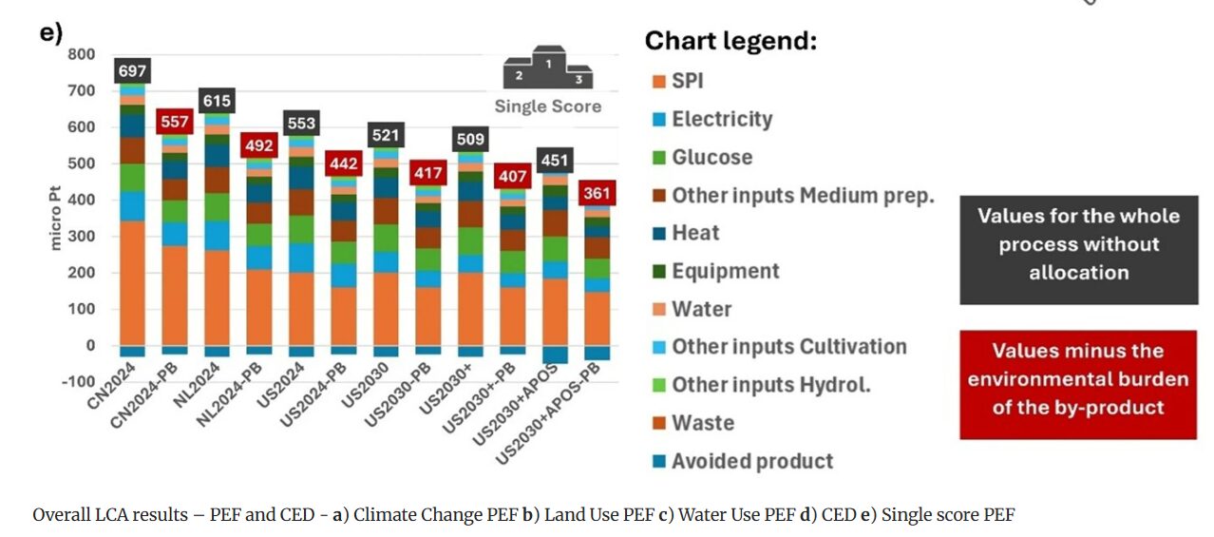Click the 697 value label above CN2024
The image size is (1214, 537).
(x=132, y=70)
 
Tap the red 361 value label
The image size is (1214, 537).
(x=598, y=194)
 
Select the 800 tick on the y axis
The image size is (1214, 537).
(x=82, y=54)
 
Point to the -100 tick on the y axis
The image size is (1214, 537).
(x=78, y=382)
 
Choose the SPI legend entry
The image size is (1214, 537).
(x=688, y=82)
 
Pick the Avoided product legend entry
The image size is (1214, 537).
(x=751, y=462)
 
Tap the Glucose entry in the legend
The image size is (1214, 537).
(x=711, y=158)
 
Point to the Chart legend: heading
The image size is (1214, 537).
(x=730, y=42)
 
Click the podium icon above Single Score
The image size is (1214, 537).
(x=548, y=68)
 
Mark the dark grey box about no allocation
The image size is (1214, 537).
(x=1078, y=244)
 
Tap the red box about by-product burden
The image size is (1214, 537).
(x=1078, y=379)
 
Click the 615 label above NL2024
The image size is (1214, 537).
(x=217, y=101)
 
